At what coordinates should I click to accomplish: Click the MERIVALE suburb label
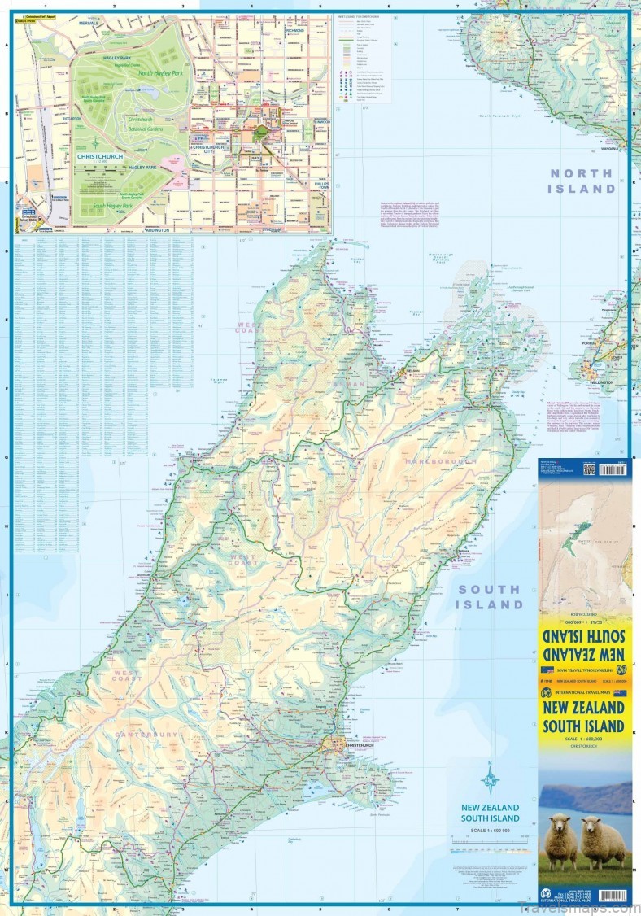click(89, 23)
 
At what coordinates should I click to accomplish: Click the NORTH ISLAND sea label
click(581, 181)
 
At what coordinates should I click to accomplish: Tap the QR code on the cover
click(589, 469)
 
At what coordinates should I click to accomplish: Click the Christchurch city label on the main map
click(358, 744)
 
